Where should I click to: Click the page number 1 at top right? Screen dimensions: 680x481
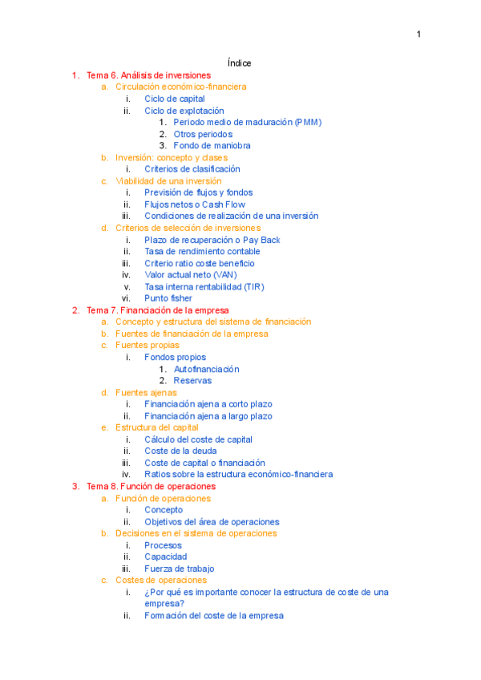tap(418, 34)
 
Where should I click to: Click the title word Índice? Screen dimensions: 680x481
tap(240, 63)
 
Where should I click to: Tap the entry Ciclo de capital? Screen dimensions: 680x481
tap(175, 99)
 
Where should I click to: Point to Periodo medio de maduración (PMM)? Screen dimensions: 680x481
tap(247, 123)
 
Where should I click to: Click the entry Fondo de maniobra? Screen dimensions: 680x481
tap(212, 146)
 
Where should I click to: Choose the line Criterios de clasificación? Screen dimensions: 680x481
tap(192, 169)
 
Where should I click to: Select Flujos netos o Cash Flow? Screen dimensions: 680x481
tap(195, 204)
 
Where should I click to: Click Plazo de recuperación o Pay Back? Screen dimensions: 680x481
tap(212, 240)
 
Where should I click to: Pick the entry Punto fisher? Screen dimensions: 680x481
tap(168, 298)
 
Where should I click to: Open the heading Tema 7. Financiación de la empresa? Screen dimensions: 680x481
tap(157, 310)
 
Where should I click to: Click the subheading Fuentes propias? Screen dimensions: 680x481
tap(148, 346)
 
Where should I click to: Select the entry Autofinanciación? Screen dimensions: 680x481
tap(206, 369)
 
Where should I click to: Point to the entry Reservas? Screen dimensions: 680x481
tap(192, 381)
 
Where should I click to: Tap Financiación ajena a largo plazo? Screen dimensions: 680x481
tap(208, 416)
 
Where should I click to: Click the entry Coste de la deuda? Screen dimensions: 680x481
tap(180, 451)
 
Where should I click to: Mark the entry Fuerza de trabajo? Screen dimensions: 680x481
tap(179, 569)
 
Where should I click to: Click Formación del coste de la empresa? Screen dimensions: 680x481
tap(213, 616)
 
